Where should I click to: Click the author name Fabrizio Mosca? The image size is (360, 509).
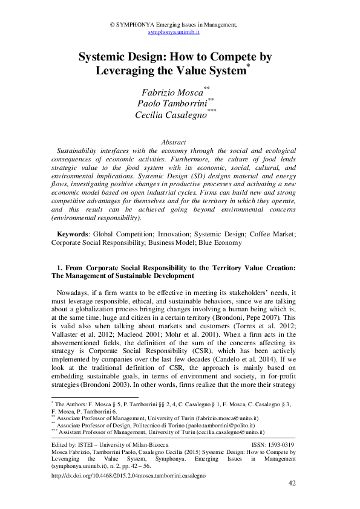[x=171, y=92]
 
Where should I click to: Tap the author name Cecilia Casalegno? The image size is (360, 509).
[x=171, y=114]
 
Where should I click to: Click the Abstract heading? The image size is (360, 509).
[x=174, y=142]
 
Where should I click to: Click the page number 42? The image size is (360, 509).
[x=291, y=484]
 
